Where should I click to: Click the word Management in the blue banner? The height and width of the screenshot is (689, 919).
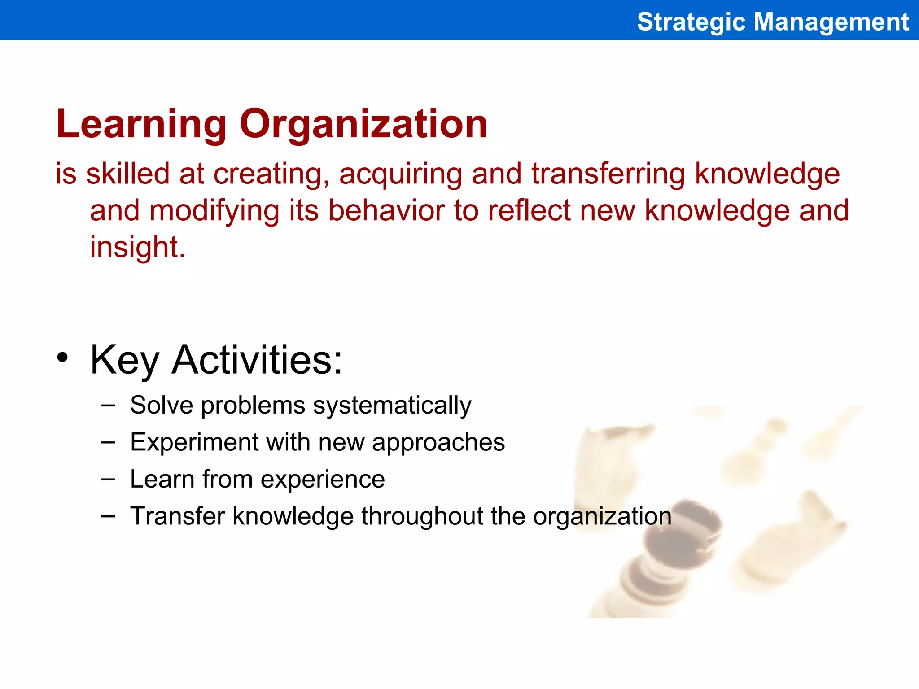(x=831, y=22)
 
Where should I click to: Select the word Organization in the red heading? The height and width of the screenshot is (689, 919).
(x=363, y=124)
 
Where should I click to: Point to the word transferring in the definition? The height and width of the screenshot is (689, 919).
(x=608, y=174)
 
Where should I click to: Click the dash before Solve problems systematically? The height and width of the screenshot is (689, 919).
(x=108, y=406)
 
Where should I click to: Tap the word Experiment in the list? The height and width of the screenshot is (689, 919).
(x=194, y=442)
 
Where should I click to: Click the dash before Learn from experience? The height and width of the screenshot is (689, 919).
(x=108, y=480)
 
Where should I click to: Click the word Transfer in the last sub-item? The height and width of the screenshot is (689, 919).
(x=177, y=516)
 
